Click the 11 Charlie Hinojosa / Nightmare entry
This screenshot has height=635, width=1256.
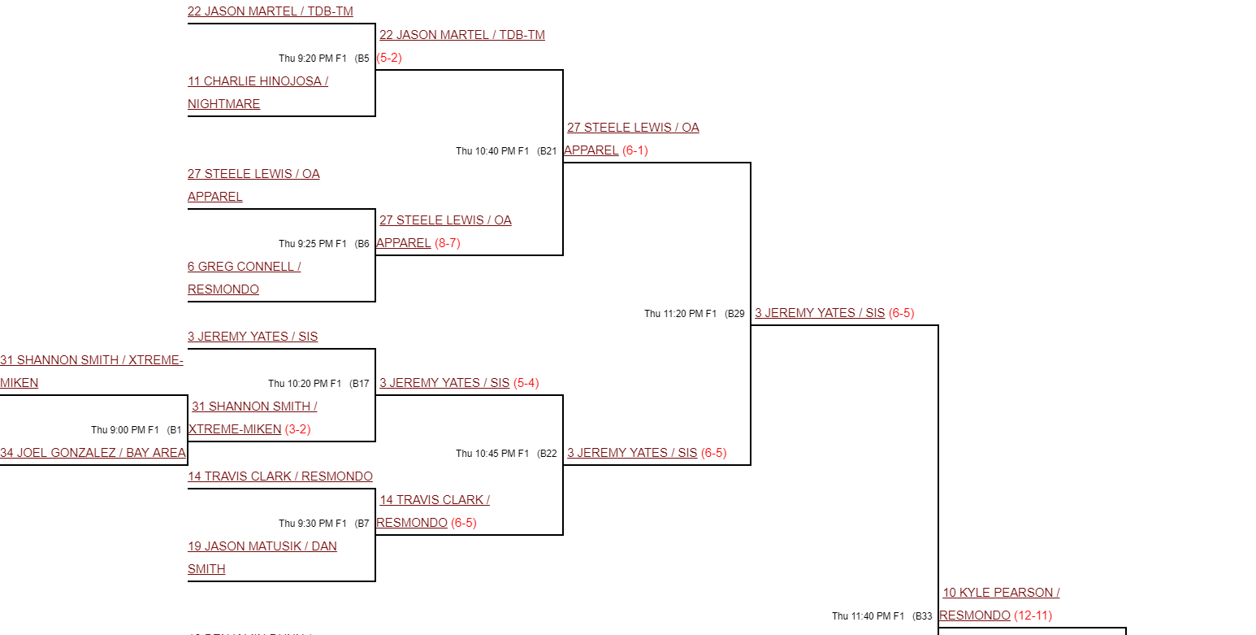click(258, 81)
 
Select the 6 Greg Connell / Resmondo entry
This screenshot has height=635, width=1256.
click(244, 267)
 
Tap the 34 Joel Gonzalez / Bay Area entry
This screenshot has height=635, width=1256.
click(93, 453)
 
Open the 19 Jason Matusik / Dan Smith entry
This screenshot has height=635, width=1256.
click(262, 546)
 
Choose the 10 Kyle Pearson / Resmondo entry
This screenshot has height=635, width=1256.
click(1001, 593)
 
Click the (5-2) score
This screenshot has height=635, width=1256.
click(389, 58)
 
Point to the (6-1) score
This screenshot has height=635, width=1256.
click(635, 150)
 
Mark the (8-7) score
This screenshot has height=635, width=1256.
click(448, 243)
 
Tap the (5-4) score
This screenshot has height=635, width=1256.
click(526, 383)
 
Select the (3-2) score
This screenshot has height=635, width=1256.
click(298, 429)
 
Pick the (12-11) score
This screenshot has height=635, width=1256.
click(1033, 615)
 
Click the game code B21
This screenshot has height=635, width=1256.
click(548, 151)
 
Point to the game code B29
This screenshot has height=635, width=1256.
click(736, 314)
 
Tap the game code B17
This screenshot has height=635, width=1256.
click(361, 384)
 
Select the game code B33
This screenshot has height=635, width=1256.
click(924, 616)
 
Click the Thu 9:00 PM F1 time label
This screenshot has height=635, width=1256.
click(125, 430)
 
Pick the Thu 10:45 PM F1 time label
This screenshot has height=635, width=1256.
click(492, 454)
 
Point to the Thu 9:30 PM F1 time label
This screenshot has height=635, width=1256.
click(313, 524)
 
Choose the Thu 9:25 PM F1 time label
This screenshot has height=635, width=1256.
click(313, 244)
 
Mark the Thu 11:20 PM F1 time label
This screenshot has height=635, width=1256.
click(681, 314)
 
